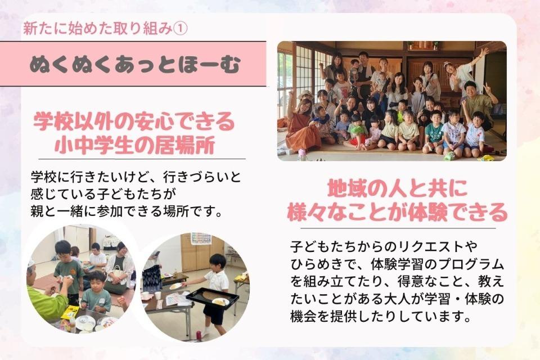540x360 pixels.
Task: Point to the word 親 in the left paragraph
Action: pyautogui.click(x=37, y=213)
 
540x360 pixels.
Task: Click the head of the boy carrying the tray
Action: pyautogui.click(x=217, y=262)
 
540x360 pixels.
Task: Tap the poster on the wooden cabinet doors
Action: pyautogui.click(x=201, y=238)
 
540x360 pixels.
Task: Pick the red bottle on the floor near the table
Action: pyautogui.click(x=199, y=335)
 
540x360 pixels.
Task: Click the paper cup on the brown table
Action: pyautogui.click(x=158, y=295)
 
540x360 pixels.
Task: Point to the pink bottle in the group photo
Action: pyautogui.click(x=302, y=154)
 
